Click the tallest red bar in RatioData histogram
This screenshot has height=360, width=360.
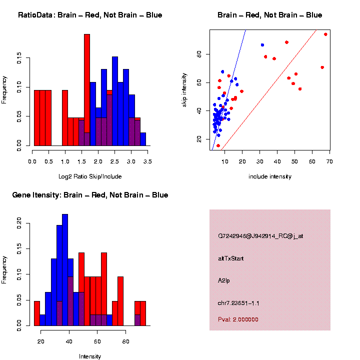(x=87, y=90)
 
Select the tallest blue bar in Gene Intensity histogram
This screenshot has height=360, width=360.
(x=65, y=270)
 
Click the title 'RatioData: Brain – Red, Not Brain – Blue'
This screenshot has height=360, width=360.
(x=90, y=15)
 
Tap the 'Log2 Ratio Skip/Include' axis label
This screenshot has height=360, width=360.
(x=90, y=176)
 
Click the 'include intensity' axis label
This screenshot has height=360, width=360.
(x=270, y=176)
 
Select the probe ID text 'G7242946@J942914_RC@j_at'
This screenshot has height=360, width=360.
(x=260, y=236)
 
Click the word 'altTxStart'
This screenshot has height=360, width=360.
(x=230, y=258)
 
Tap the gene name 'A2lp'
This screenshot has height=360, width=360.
(x=224, y=281)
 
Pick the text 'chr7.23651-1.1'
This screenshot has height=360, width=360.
(x=238, y=303)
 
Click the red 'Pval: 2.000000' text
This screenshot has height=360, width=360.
(x=238, y=319)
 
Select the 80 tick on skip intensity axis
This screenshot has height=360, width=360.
(x=199, y=54)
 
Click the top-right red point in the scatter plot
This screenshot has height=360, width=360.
(x=325, y=34)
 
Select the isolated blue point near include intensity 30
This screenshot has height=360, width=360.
(x=262, y=45)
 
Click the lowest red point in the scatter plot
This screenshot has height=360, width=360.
(x=218, y=145)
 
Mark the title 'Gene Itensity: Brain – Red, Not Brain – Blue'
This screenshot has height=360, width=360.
(x=90, y=195)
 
